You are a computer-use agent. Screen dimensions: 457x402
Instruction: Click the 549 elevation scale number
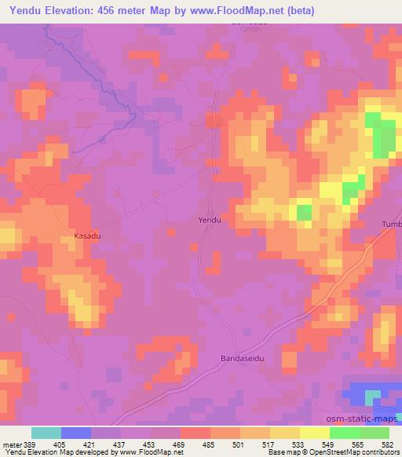(x=330, y=444)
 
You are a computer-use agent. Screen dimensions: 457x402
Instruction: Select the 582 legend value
(x=389, y=444)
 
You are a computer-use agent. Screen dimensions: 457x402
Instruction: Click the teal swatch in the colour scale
(x=46, y=433)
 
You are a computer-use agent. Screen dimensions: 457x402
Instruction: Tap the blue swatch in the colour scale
(x=76, y=433)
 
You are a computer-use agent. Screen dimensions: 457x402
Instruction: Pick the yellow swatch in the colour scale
(x=314, y=433)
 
